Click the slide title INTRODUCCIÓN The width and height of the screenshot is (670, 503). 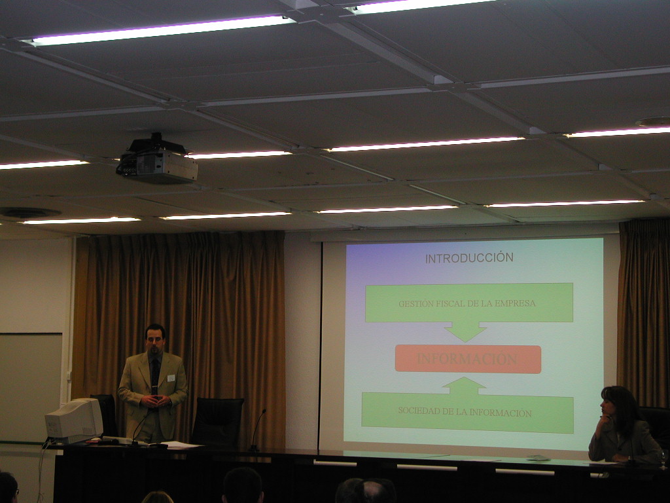(x=469, y=258)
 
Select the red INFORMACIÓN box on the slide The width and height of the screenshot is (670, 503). (x=468, y=359)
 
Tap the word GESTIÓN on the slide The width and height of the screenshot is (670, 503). (x=414, y=304)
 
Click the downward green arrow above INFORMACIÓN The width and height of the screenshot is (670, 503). (x=465, y=331)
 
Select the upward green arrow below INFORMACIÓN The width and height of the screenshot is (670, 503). (x=465, y=386)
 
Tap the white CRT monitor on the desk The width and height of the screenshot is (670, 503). (x=75, y=420)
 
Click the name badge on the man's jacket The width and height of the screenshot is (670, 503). (x=171, y=378)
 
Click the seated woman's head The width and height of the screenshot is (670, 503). (x=614, y=403)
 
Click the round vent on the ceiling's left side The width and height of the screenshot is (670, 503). (x=29, y=212)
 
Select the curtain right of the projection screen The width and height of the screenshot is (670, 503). (x=644, y=312)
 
